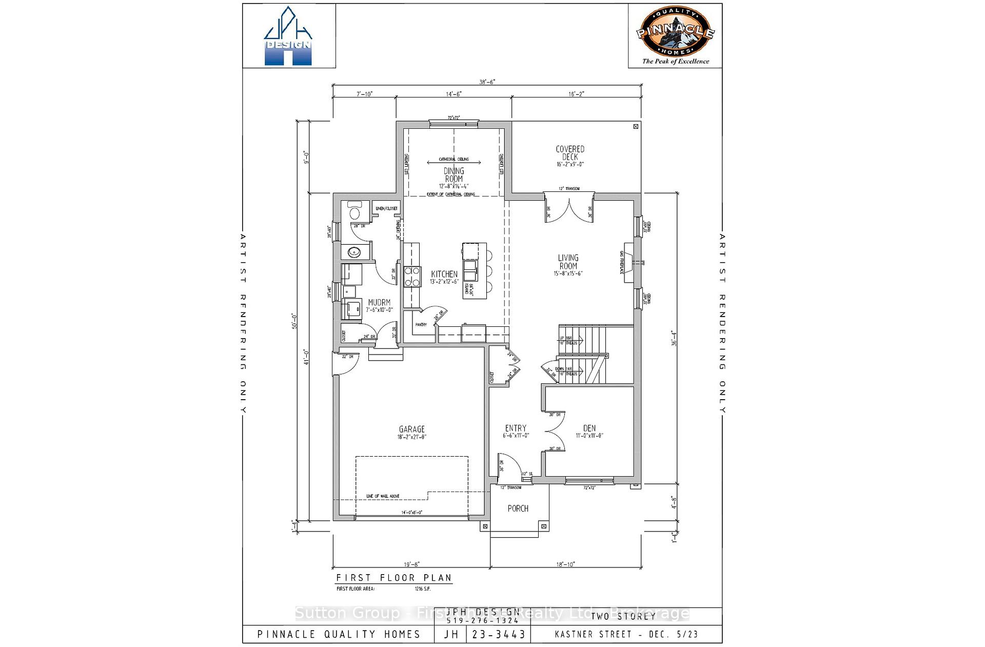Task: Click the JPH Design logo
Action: (288, 37)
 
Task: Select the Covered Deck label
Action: (570, 153)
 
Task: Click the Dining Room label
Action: (454, 175)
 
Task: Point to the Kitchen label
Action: (444, 275)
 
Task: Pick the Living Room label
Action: (568, 262)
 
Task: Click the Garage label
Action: (411, 429)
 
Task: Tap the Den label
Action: (589, 428)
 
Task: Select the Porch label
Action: (518, 508)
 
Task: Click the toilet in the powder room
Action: (354, 212)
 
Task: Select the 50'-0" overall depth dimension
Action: (294, 321)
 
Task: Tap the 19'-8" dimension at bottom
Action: (410, 564)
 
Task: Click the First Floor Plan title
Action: (393, 578)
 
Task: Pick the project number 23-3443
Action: (498, 634)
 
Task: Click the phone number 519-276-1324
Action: (483, 621)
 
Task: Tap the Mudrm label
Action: (379, 303)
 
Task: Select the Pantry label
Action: (421, 325)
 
